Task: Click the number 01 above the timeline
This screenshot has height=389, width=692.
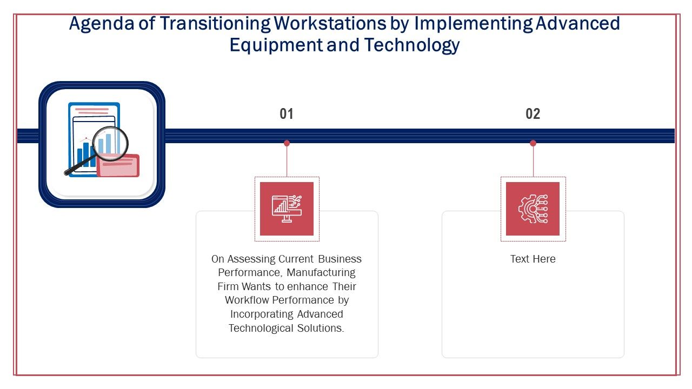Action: [x=287, y=114]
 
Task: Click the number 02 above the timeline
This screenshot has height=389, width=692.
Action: [x=533, y=114]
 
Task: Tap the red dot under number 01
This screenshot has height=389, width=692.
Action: [x=287, y=143]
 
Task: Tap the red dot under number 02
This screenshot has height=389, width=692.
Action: [x=533, y=143]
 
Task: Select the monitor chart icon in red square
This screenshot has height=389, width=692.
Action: [x=287, y=209]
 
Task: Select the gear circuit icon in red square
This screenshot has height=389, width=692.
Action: [x=533, y=209]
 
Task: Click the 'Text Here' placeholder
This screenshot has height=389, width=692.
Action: [x=533, y=259]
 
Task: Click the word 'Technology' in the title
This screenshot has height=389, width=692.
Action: [x=411, y=45]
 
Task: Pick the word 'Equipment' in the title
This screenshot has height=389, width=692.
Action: [x=276, y=45]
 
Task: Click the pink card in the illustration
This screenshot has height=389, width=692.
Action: [x=118, y=165]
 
